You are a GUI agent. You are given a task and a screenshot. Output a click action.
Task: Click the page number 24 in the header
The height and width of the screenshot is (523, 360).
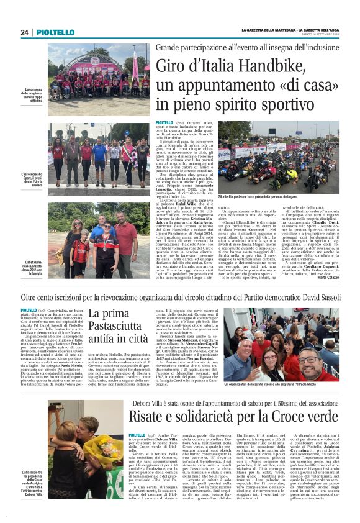(24, 32)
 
